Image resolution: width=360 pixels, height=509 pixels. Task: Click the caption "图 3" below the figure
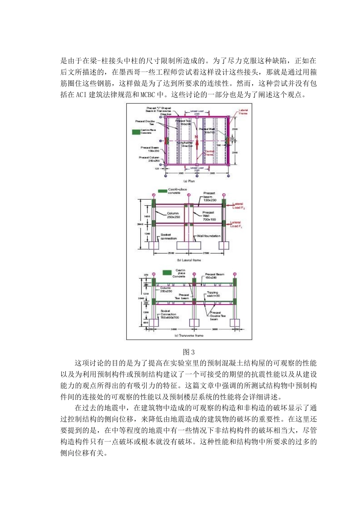(189, 352)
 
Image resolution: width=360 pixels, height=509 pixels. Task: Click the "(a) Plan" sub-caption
(189, 181)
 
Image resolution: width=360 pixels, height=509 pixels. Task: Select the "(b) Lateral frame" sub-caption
(189, 260)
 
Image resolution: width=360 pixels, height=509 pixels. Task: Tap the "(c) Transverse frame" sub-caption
(189, 336)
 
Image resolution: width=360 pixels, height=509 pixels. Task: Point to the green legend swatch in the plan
(136, 132)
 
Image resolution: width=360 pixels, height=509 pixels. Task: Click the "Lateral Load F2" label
(238, 206)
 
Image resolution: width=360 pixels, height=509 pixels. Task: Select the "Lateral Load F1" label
(236, 224)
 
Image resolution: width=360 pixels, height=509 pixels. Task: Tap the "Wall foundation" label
(208, 236)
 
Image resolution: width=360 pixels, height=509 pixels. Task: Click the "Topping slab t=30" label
(213, 294)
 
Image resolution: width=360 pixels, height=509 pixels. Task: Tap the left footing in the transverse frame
(153, 323)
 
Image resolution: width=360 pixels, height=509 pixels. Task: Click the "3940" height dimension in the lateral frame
(140, 224)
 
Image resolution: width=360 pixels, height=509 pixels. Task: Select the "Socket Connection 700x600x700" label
(168, 314)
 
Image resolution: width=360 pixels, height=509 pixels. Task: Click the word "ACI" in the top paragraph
(81, 95)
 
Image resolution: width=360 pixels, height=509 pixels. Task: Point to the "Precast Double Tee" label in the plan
(146, 123)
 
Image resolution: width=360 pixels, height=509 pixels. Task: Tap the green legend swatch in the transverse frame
(167, 273)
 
